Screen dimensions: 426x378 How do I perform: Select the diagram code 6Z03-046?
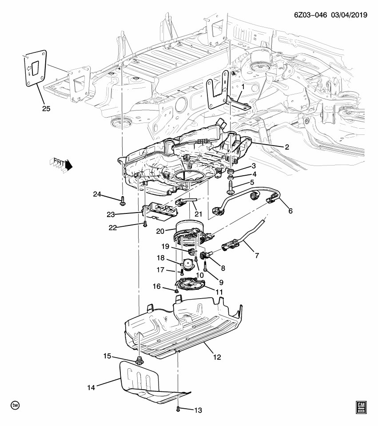309,15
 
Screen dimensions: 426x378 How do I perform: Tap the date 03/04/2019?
348,15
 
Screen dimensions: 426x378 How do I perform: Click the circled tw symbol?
16,406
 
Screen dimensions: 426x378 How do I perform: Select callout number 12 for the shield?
217,356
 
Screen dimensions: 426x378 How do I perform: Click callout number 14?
91,388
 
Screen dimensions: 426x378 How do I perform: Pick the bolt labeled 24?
122,202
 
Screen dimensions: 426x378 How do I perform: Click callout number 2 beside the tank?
287,146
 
